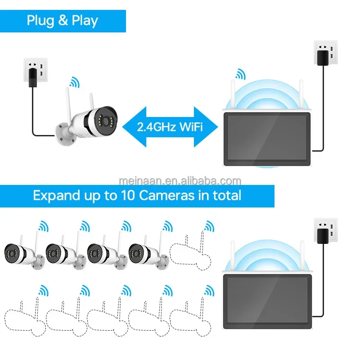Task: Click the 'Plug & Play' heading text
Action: pyautogui.click(x=62, y=21)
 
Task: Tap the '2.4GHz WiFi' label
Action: pyautogui.click(x=170, y=126)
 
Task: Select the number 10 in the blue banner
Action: pyautogui.click(x=127, y=195)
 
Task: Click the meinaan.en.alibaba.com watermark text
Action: pyautogui.click(x=180, y=181)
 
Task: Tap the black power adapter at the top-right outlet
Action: pyautogui.click(x=322, y=58)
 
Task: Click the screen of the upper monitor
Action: pyautogui.click(x=268, y=138)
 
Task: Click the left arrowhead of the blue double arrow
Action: pyautogui.click(x=134, y=126)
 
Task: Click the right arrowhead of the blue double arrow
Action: pyautogui.click(x=204, y=126)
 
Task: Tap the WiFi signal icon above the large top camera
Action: pyautogui.click(x=73, y=82)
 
